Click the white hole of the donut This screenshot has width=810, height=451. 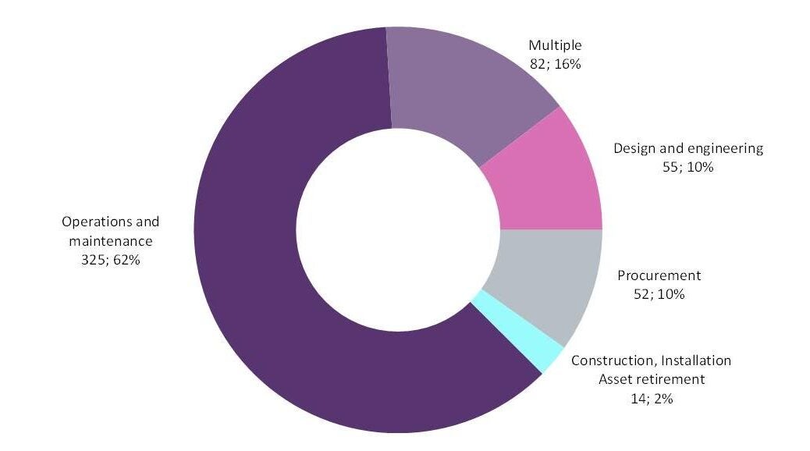click(x=398, y=230)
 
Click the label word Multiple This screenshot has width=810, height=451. click(x=555, y=45)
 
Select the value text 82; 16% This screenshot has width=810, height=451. click(x=555, y=64)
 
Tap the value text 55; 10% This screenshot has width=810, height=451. click(x=687, y=167)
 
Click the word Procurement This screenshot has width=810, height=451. click(x=659, y=275)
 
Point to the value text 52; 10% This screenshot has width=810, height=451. click(x=659, y=294)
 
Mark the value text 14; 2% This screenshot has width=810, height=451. click(x=652, y=399)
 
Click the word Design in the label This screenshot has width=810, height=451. click(x=632, y=148)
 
